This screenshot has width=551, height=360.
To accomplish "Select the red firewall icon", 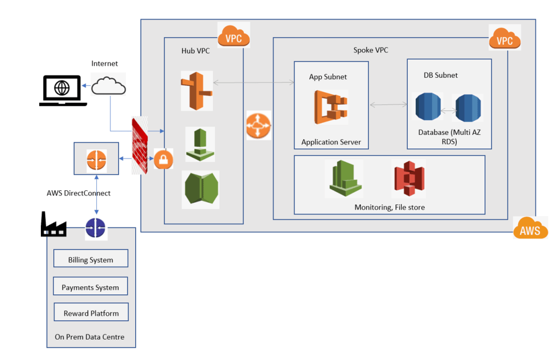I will tap(140, 146).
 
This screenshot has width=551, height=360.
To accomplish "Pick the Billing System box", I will tap(90, 259).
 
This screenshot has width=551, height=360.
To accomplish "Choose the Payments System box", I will tap(90, 287).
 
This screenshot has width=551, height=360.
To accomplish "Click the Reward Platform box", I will tap(91, 313).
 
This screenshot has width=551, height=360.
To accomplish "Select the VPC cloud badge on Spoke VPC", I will tap(505, 38).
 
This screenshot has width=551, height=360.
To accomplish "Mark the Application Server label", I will tap(331, 142).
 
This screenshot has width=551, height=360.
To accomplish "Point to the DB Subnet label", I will tap(441, 75).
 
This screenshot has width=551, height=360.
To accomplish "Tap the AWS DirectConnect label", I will tap(79, 193).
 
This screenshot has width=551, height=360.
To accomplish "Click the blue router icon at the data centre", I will tap(96, 229).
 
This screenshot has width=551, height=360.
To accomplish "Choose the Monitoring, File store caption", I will tap(389, 207).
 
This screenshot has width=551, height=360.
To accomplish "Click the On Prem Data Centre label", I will tap(89, 337).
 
